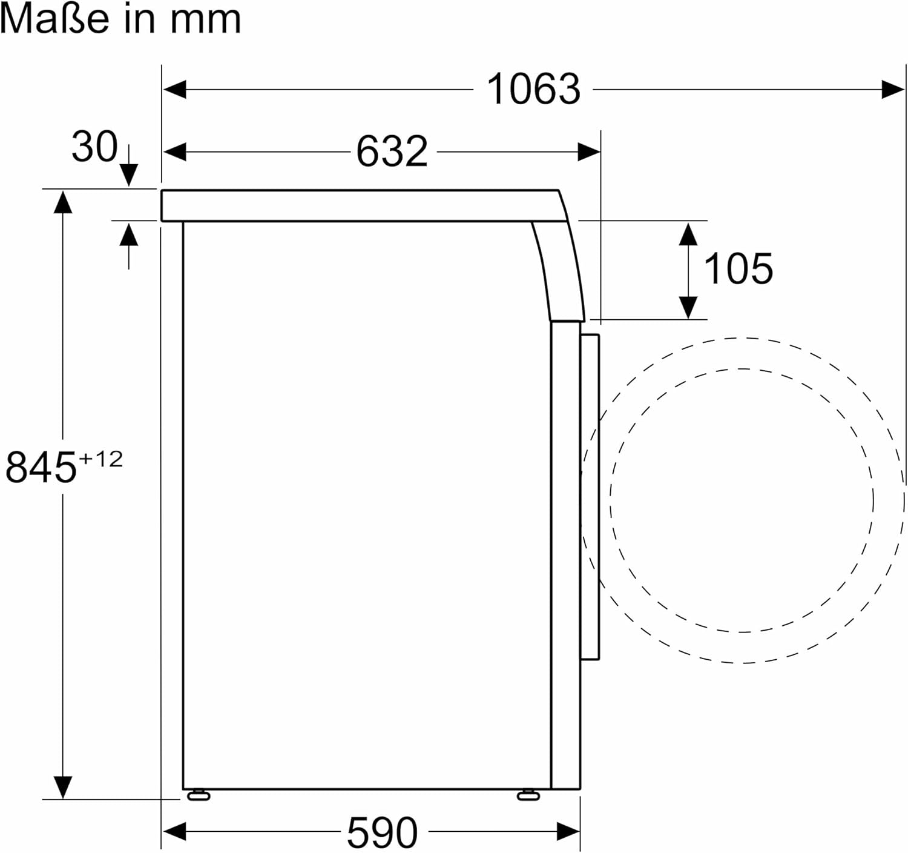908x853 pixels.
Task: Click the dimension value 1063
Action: tap(533, 90)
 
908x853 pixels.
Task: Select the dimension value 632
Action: tap(392, 151)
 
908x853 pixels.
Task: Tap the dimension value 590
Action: tap(382, 832)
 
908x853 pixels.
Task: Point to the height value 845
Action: tap(41, 467)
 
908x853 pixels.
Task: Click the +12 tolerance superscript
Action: tap(100, 459)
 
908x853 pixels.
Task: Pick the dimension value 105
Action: tap(738, 268)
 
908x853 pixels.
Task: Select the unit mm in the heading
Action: tap(206, 19)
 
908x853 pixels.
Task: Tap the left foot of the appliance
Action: tap(199, 795)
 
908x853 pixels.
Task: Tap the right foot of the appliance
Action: tap(528, 795)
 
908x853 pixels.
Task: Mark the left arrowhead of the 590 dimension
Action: tap(175, 832)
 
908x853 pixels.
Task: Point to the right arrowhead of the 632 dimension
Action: tap(588, 151)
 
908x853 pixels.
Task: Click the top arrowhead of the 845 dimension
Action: tap(62, 202)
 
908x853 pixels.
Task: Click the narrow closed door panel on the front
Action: tap(590, 497)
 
